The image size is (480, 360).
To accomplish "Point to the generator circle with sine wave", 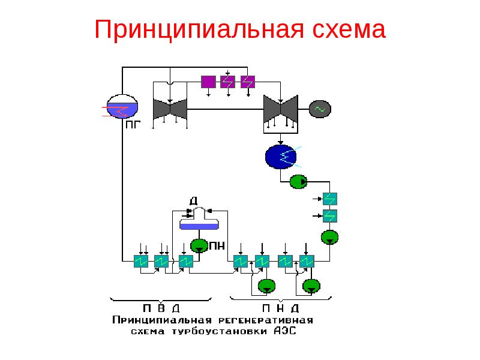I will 319,109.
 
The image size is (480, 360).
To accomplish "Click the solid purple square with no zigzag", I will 208,82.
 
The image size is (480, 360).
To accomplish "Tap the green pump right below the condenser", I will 298,181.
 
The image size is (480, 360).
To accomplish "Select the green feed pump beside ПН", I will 199,245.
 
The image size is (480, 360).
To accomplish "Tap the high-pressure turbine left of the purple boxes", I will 170,109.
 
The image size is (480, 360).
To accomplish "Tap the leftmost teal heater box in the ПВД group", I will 141,262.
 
